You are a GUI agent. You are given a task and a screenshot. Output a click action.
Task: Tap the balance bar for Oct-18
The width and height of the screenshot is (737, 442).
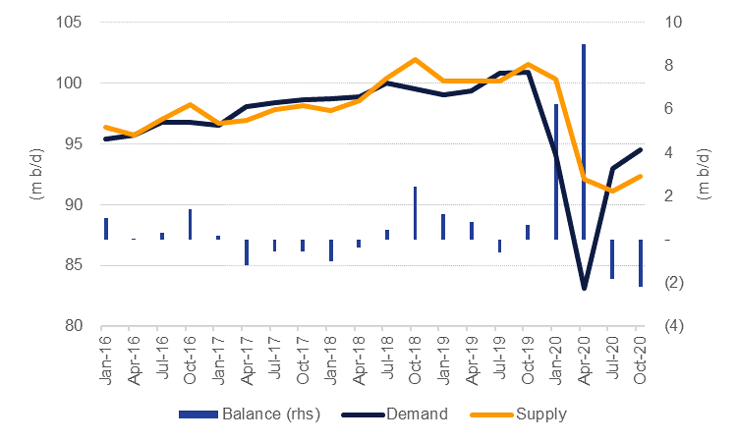(x=415, y=213)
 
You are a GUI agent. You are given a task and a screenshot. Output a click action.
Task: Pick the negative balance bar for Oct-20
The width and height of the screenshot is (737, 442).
(x=640, y=263)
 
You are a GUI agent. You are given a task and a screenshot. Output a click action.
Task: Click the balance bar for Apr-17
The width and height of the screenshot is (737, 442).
(x=247, y=252)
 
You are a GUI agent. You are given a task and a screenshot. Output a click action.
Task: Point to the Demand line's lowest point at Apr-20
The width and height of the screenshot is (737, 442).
(x=584, y=289)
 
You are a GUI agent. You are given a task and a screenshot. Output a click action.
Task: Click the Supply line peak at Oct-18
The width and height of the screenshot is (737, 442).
(x=415, y=60)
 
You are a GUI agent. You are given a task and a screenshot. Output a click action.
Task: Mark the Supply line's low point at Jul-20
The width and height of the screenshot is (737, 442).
(x=611, y=191)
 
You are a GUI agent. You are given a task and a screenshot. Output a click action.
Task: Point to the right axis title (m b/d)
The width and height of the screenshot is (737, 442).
(x=704, y=174)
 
